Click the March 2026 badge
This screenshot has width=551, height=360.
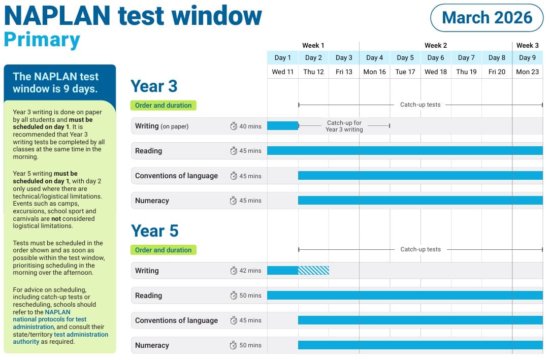click(x=487, y=18)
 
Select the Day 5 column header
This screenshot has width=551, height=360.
click(x=405, y=58)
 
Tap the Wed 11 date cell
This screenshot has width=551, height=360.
click(x=283, y=72)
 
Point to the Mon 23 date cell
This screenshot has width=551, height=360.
click(x=527, y=72)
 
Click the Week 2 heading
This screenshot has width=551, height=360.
click(x=436, y=46)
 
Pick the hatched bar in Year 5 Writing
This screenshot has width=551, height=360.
click(x=313, y=271)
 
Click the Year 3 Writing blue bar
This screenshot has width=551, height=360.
click(x=282, y=126)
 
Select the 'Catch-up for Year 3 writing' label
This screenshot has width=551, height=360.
click(x=344, y=126)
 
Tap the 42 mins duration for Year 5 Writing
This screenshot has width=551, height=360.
click(x=250, y=271)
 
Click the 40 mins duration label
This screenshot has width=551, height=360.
click(x=250, y=126)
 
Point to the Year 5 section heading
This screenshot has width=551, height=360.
click(x=154, y=231)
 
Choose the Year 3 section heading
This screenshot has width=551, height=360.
click(x=154, y=86)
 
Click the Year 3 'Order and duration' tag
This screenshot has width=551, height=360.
click(x=163, y=106)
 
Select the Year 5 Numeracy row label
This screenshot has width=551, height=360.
click(x=152, y=345)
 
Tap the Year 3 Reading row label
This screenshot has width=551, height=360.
click(x=148, y=151)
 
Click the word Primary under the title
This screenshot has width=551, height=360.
click(x=42, y=40)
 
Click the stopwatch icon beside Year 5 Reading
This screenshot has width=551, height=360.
click(x=234, y=296)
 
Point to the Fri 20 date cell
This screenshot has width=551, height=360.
click(x=497, y=72)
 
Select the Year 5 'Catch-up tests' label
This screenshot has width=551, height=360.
click(x=420, y=249)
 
